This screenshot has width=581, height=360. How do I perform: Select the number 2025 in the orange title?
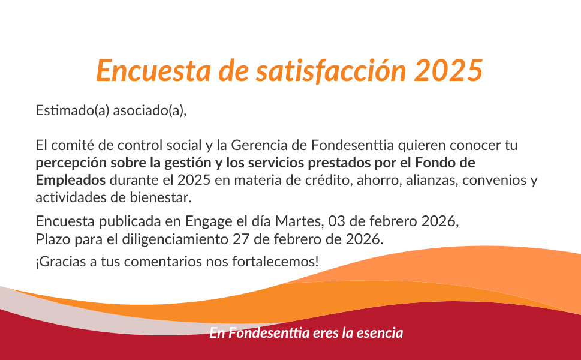448,70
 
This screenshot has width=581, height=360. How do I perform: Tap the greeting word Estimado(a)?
73,110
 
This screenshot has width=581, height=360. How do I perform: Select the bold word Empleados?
71,180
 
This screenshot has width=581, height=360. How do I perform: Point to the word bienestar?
161,197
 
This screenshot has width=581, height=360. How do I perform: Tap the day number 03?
337,221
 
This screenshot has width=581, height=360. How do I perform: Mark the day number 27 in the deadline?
241,239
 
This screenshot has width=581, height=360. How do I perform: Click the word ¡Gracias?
61,262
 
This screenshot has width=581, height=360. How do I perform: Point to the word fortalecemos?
275,262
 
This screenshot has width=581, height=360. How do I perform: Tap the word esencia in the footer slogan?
380,332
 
